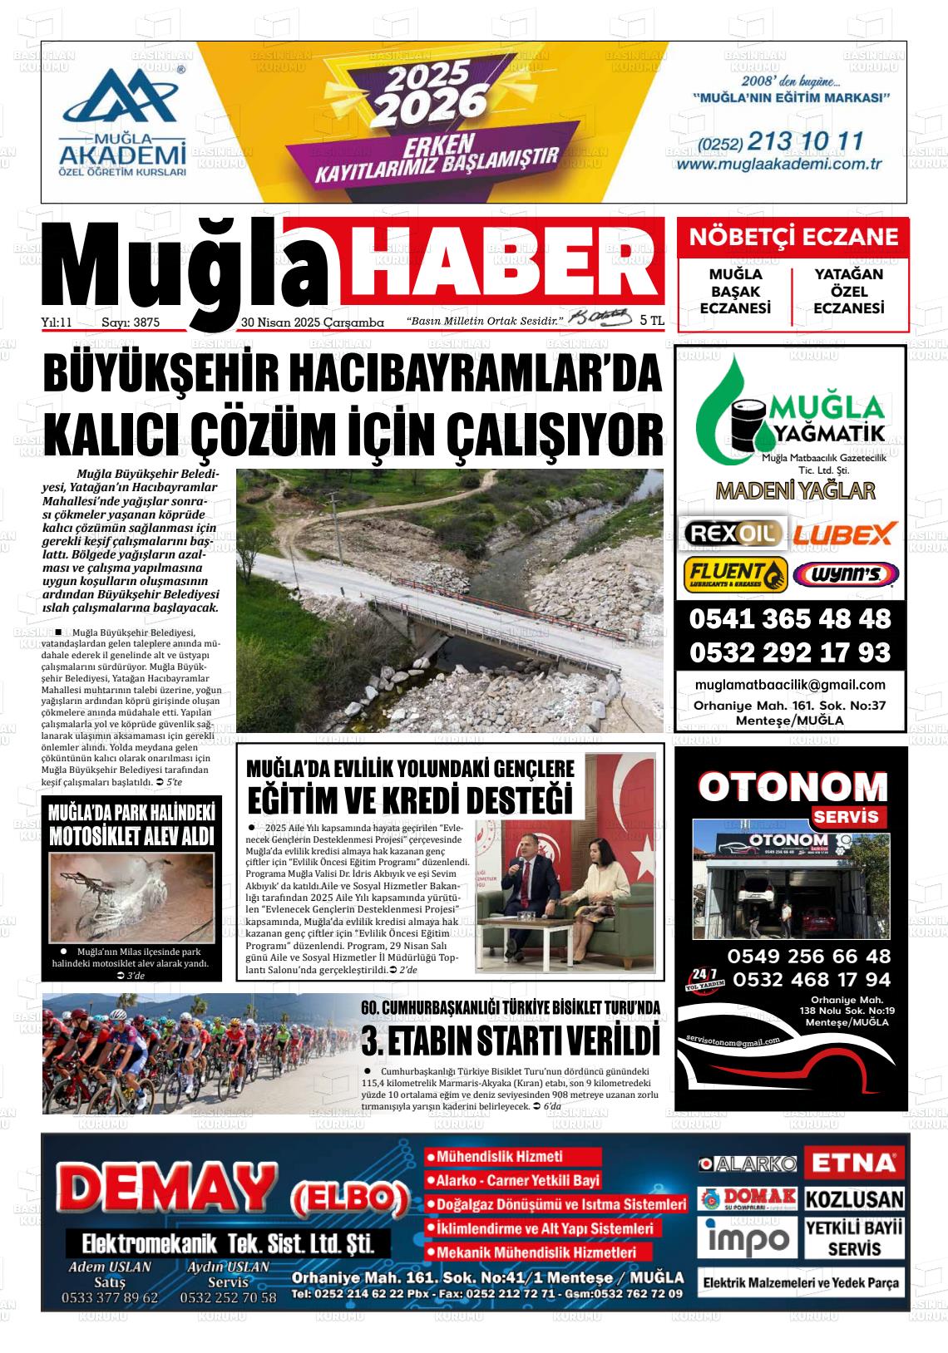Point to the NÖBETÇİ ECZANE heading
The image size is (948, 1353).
792,238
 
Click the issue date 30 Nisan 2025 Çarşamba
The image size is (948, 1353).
312,322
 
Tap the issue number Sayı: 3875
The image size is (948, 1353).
131,322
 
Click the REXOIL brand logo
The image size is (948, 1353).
731,533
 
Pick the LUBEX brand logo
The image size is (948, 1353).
843,533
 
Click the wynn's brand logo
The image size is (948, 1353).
845,574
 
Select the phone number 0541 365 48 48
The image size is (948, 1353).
789,619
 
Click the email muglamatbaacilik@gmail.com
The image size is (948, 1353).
789,685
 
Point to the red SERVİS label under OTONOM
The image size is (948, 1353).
846,816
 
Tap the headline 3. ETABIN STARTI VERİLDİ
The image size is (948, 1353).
511,1041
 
